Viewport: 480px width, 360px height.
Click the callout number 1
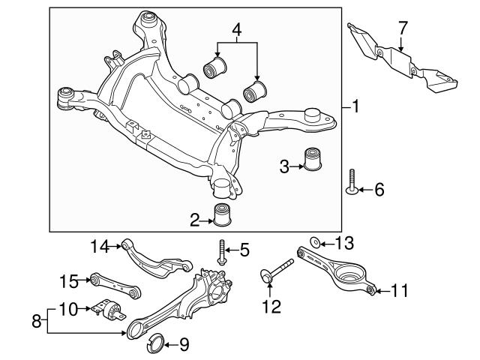point(355,107)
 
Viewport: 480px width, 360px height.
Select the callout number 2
point(194,220)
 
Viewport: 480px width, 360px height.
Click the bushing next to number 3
point(313,161)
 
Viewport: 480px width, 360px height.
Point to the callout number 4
point(236,30)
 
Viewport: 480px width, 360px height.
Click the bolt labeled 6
point(352,182)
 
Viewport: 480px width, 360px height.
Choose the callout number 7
point(403,28)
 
